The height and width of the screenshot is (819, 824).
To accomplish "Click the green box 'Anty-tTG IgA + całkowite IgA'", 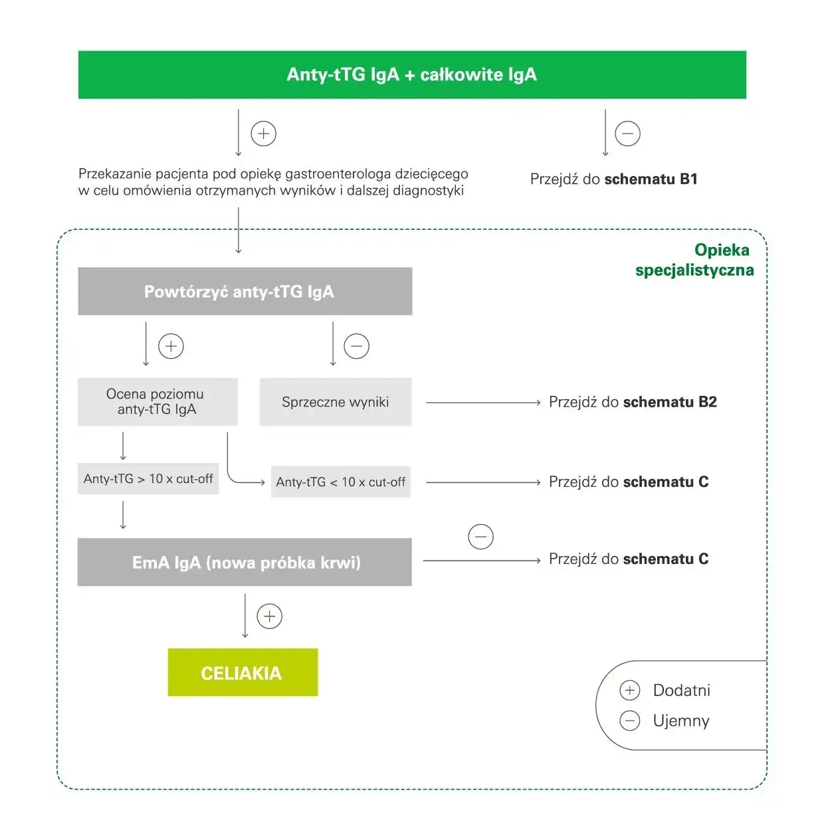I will [x=412, y=74].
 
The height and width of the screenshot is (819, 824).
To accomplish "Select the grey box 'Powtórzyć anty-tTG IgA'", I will [x=245, y=292].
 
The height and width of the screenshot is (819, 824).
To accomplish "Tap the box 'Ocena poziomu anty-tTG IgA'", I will [x=157, y=402].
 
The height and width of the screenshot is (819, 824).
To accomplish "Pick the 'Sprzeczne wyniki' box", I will [x=336, y=402].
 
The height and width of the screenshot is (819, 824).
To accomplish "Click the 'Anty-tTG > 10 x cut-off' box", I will [x=148, y=479].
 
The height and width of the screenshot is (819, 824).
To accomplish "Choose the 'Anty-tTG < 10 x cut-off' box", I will [x=340, y=482].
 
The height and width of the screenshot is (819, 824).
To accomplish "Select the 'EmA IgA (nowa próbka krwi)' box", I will [x=245, y=563].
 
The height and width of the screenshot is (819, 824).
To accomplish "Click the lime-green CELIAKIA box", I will [x=243, y=673].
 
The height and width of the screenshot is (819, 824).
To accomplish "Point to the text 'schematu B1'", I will [x=651, y=179].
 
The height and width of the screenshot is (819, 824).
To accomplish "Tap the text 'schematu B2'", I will [x=670, y=403].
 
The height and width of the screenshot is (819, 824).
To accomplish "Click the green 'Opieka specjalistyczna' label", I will [x=694, y=260].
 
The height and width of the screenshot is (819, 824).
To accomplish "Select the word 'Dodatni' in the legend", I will [x=681, y=691].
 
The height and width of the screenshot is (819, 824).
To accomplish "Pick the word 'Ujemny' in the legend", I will [x=681, y=721].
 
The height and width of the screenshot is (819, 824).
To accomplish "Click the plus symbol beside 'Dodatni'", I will [x=629, y=691].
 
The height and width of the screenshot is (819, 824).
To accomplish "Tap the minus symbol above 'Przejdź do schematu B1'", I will [x=628, y=134].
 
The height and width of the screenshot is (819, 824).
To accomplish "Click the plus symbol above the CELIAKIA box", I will [x=269, y=616].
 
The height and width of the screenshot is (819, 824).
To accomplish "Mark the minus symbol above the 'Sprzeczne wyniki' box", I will [x=356, y=346].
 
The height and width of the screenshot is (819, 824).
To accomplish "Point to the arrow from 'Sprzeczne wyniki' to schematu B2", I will [x=483, y=403].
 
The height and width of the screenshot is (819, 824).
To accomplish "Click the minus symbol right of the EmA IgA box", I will [x=480, y=537].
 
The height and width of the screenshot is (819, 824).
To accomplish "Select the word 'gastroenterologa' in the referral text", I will [x=338, y=174].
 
